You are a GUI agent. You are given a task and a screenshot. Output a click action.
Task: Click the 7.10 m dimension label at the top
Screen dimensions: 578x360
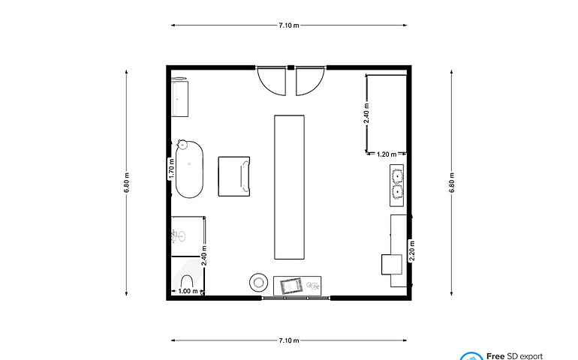pyautogui.click(x=289, y=25)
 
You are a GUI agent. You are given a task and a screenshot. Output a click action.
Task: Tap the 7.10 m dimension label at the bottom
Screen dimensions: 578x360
pyautogui.click(x=289, y=340)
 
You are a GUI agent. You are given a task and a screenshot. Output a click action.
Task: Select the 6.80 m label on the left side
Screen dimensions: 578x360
pyautogui.click(x=126, y=182)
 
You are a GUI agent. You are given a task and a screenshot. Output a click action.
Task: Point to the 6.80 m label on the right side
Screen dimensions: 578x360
pyautogui.click(x=452, y=182)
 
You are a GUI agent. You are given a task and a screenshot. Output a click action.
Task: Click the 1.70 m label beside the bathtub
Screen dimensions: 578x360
pyautogui.click(x=171, y=169)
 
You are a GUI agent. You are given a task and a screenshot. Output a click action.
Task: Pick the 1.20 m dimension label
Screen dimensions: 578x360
pyautogui.click(x=387, y=154)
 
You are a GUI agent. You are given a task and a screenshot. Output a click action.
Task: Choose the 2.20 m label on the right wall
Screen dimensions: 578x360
pyautogui.click(x=412, y=250)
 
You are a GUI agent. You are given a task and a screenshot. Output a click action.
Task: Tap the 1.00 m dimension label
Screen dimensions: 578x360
pyautogui.click(x=188, y=291)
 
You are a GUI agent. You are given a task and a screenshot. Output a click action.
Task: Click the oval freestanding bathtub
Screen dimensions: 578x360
pyautogui.click(x=189, y=169)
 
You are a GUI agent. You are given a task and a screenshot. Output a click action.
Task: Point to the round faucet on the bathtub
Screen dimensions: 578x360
pyautogui.click(x=182, y=144)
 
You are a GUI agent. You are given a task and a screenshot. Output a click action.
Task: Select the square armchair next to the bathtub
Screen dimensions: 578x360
pyautogui.click(x=234, y=176)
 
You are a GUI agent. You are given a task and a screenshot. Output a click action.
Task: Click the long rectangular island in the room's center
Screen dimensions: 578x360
pyautogui.click(x=289, y=187)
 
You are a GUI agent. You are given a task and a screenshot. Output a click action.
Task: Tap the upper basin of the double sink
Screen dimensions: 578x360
pyautogui.click(x=397, y=175)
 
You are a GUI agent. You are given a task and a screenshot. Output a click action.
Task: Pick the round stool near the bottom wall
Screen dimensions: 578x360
pyautogui.click(x=258, y=283)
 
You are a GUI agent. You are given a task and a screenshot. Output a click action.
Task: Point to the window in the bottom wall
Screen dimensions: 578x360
pyautogui.click(x=296, y=298)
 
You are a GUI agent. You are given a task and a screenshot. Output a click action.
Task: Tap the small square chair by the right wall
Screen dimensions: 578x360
pyautogui.click(x=392, y=264)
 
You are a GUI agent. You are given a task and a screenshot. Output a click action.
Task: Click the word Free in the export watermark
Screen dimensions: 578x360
pyautogui.click(x=495, y=356)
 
